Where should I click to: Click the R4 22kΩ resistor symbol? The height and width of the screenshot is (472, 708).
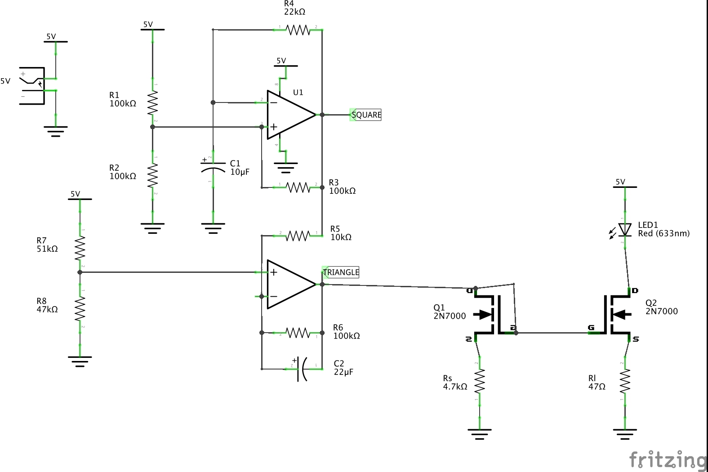(298, 30)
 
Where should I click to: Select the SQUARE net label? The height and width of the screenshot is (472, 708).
(366, 115)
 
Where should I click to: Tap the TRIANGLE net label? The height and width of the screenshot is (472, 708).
(341, 272)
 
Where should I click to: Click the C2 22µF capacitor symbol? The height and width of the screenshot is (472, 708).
(302, 369)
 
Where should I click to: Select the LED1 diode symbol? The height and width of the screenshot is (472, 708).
(624, 230)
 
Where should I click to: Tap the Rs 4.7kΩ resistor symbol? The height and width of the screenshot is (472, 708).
(480, 381)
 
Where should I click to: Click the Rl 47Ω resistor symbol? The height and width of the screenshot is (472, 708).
(625, 381)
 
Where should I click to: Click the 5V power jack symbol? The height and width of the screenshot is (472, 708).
(32, 85)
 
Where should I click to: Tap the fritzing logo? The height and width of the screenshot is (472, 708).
(668, 459)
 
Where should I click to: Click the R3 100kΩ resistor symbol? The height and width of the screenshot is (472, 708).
(298, 187)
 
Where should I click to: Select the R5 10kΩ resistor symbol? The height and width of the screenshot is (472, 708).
(298, 236)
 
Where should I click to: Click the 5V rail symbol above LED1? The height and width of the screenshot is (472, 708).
(625, 186)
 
